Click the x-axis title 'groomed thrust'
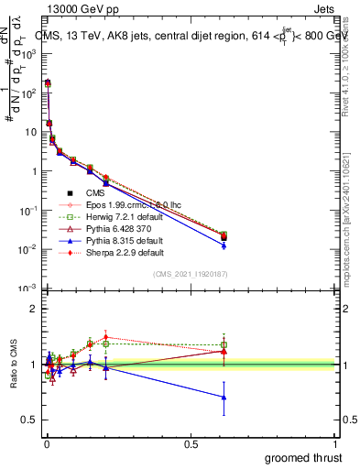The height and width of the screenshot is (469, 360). click(x=303, y=457)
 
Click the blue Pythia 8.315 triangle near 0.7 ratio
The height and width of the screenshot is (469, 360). click(x=224, y=397)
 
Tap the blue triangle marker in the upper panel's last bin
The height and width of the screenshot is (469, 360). click(x=224, y=245)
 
